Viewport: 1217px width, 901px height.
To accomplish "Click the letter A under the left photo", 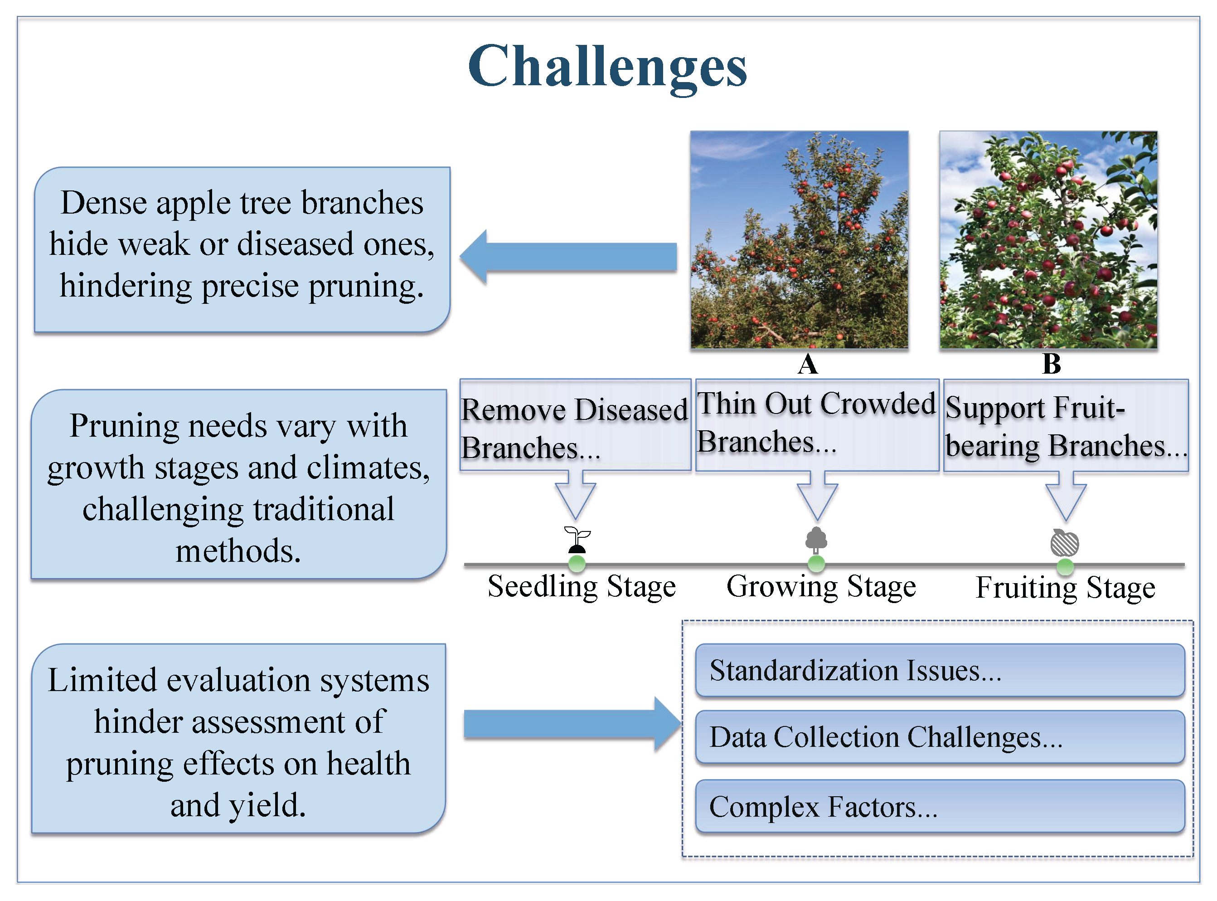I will click(x=808, y=364).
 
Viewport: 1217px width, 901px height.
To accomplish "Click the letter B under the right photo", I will click(x=1051, y=364).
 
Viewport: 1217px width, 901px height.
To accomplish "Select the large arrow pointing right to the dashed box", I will click(x=572, y=724).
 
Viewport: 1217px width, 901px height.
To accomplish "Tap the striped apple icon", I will click(x=1064, y=543).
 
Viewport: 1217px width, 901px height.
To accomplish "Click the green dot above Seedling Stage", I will click(x=577, y=563).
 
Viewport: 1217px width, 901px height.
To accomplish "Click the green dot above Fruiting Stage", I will click(x=1065, y=567).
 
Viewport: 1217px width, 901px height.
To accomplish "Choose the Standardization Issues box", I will click(x=940, y=670).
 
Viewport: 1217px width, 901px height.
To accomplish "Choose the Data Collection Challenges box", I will click(x=940, y=737).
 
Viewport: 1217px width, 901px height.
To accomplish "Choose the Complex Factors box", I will click(x=940, y=806).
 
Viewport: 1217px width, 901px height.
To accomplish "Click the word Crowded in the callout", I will click(x=878, y=404).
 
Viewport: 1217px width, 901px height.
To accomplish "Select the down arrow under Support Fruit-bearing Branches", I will click(x=1066, y=497).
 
